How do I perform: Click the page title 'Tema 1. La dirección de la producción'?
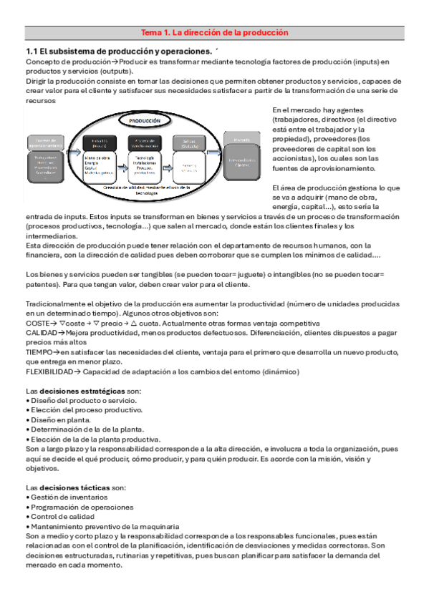214,33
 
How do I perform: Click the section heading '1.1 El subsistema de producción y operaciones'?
118,52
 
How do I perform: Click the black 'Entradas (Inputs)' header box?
100,142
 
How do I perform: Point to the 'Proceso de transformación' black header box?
149,141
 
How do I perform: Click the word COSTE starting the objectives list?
38,323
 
